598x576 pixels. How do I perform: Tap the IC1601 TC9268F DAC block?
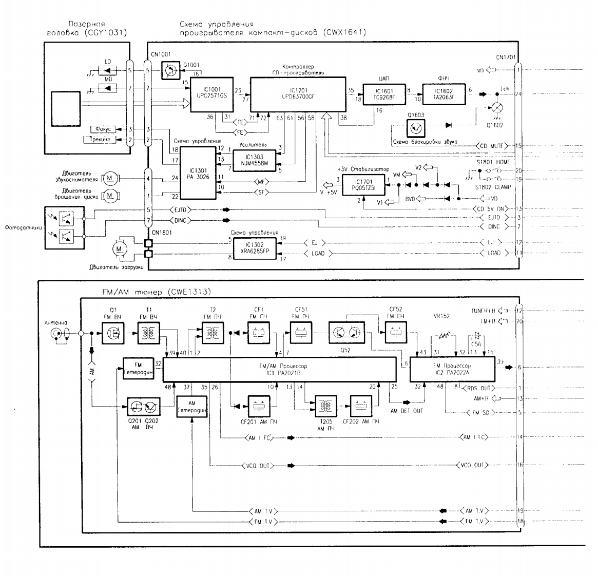click(383, 94)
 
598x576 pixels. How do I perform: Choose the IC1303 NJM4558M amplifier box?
click(254, 159)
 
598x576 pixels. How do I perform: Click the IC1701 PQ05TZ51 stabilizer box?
click(362, 184)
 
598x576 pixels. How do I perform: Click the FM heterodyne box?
click(139, 368)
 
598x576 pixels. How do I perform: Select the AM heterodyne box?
click(191, 407)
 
